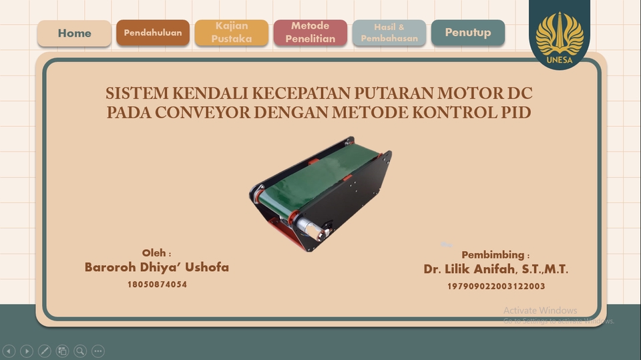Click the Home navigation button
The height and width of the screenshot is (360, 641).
74,33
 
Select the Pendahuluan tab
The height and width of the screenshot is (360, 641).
153,33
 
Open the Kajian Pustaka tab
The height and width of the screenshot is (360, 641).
232,33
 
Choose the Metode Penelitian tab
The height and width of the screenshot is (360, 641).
310,33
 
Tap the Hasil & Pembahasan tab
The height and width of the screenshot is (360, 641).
389,33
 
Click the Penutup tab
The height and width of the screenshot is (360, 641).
468,33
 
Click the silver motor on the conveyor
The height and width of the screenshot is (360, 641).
311,227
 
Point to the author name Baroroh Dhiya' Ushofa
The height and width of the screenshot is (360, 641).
157,267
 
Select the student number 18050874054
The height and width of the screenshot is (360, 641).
157,285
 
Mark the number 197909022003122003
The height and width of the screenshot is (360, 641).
496,287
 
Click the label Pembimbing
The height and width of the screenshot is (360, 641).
494,255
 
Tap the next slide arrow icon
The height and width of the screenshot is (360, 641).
27,351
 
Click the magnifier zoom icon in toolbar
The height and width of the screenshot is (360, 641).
80,351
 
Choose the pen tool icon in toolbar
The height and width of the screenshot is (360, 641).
45,351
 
